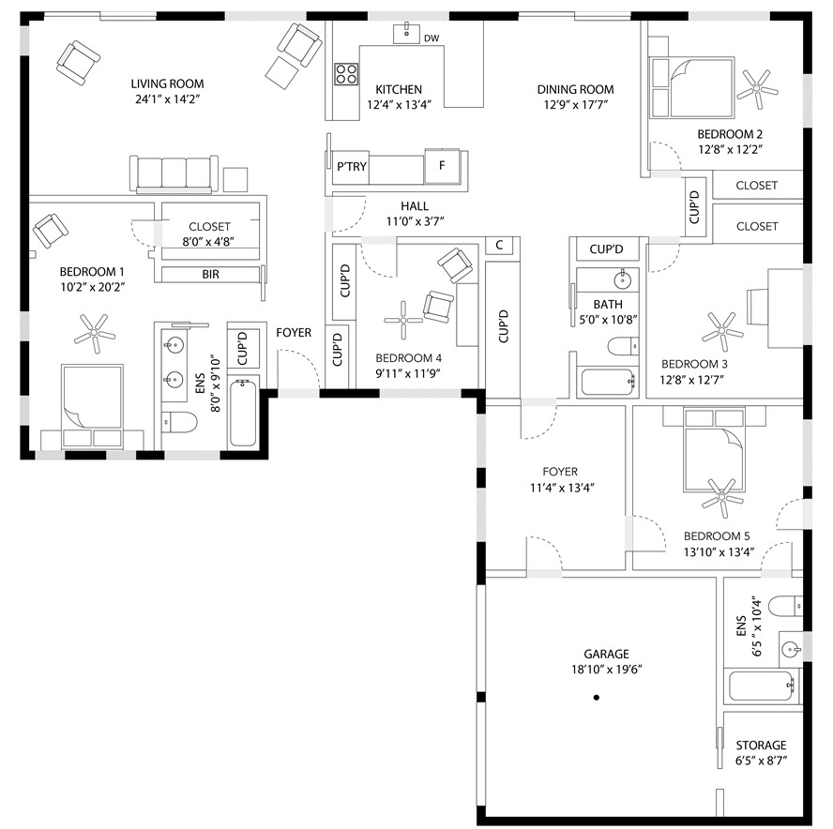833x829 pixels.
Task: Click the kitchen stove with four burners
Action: [346, 74]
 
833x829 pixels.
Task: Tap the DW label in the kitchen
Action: [432, 38]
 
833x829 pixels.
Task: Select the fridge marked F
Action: [442, 166]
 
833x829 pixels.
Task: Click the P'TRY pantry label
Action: [352, 167]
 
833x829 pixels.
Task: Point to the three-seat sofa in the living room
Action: [174, 173]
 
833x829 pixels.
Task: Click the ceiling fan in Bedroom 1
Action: [95, 333]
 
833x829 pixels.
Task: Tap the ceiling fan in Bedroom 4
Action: [403, 320]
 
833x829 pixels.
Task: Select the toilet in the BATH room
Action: [623, 347]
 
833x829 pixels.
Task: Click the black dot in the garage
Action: [596, 698]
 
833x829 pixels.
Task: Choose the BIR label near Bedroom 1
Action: [210, 275]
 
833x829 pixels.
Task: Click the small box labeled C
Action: [499, 246]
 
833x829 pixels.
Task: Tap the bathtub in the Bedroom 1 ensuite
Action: [243, 413]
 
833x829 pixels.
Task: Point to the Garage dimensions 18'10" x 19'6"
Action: [606, 670]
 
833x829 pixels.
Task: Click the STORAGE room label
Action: [761, 746]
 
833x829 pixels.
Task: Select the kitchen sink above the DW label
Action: [406, 34]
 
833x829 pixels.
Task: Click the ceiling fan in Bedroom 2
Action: [756, 89]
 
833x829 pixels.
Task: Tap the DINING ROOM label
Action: [575, 89]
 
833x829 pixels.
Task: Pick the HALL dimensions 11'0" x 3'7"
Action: [415, 221]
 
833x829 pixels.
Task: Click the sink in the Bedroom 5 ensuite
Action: [791, 648]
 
